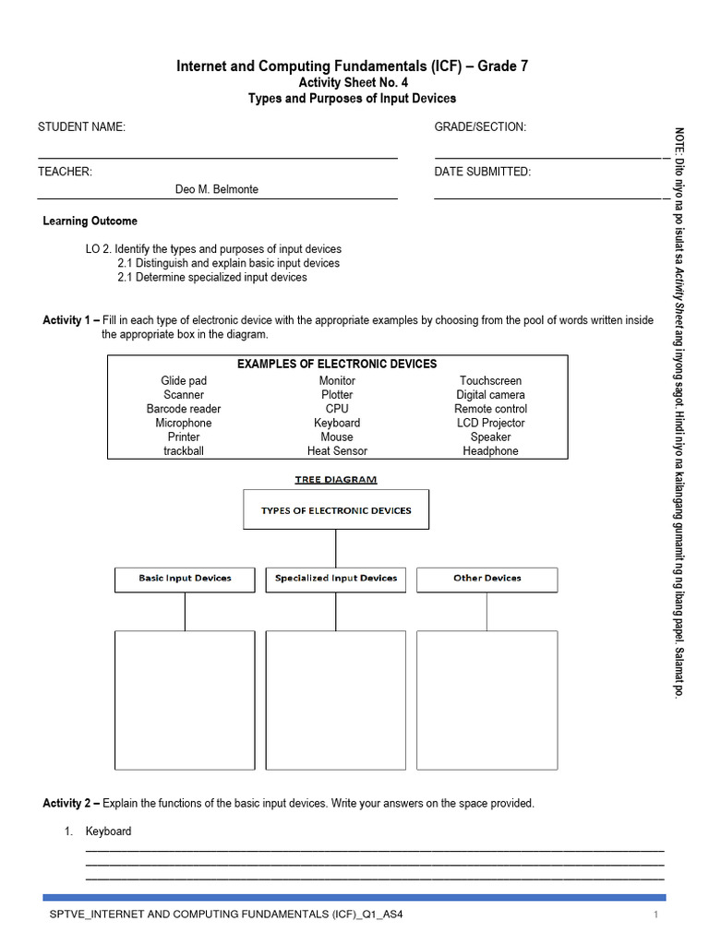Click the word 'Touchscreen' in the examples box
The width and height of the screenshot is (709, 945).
[490, 380]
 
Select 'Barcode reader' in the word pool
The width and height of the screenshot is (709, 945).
[184, 409]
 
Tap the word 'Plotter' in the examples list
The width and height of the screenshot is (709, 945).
[337, 395]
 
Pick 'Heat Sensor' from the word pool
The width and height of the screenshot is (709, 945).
[337, 451]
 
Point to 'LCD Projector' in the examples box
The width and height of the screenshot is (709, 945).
[490, 423]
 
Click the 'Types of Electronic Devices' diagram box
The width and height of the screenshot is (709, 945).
[336, 510]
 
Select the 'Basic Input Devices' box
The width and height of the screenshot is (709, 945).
[185, 579]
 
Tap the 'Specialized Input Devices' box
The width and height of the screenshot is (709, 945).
[336, 579]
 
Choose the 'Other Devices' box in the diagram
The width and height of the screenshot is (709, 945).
[487, 579]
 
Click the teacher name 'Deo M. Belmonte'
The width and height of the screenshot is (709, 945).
[217, 189]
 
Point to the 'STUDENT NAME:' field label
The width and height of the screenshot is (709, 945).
[81, 127]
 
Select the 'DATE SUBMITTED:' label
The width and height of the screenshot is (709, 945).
[483, 172]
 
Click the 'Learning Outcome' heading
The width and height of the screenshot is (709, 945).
[90, 221]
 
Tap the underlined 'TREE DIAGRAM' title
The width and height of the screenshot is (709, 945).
[336, 479]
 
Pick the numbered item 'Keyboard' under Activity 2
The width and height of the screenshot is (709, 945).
[109, 831]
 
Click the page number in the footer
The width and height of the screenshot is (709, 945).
[655, 915]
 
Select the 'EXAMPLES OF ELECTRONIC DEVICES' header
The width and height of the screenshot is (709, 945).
[337, 365]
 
